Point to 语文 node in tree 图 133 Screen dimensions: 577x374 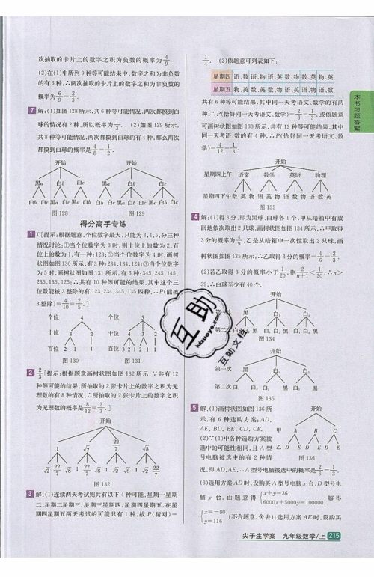pos(243,174)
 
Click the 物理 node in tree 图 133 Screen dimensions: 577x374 pos(319,174)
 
